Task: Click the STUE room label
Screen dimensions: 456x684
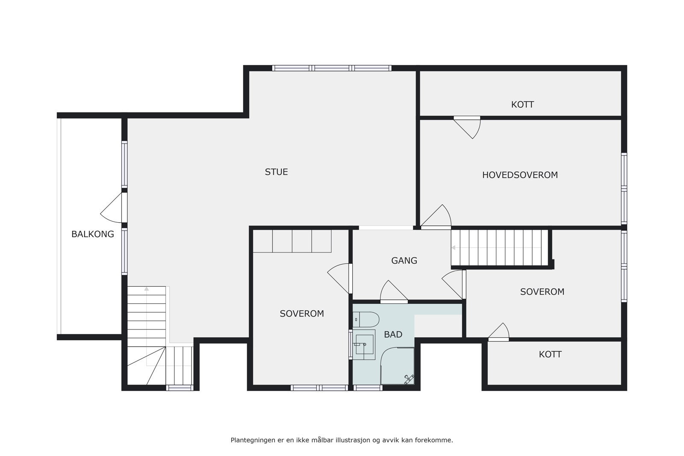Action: pos(276,172)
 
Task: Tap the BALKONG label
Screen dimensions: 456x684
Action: pos(92,234)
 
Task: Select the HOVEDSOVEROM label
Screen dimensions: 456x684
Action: pos(520,175)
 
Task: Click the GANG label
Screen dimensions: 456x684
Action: pos(404,261)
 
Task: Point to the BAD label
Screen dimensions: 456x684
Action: pos(393,335)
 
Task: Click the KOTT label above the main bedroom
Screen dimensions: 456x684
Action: pos(522,105)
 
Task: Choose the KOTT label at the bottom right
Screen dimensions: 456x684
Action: pos(550,354)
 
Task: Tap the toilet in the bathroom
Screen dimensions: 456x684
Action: pos(366,319)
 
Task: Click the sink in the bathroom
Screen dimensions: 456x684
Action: pos(363,344)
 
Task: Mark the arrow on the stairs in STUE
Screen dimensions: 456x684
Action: pos(147,289)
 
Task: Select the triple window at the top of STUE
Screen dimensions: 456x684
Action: pos(332,68)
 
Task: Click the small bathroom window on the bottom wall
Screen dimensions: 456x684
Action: pos(368,388)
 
